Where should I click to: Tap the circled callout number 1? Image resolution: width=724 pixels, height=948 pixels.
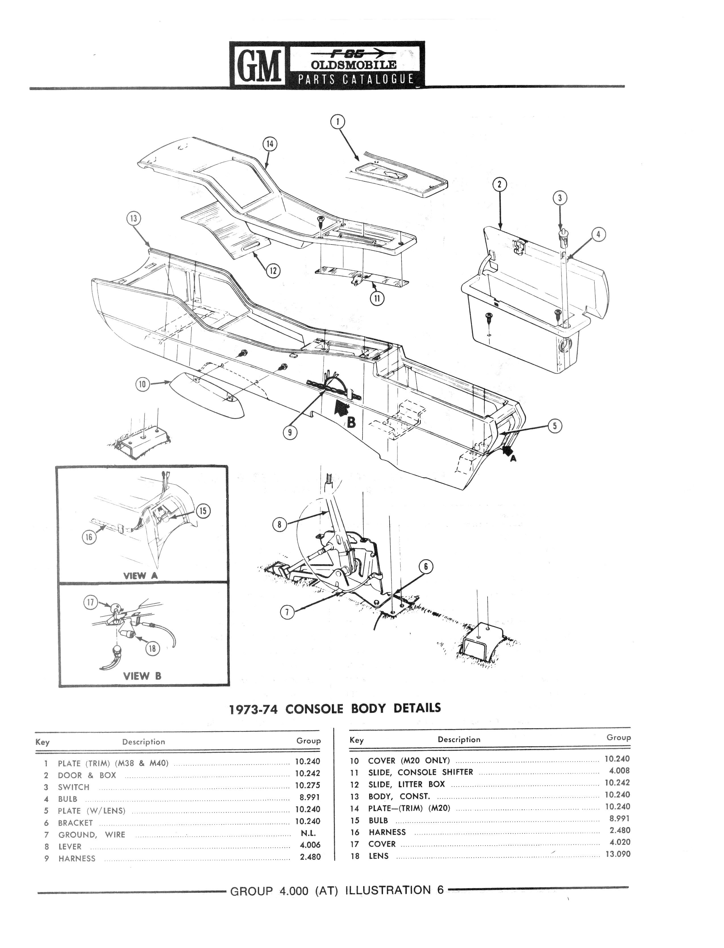click(338, 122)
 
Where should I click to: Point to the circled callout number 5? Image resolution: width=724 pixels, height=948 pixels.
click(555, 426)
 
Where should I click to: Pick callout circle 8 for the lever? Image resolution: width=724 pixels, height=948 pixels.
click(279, 525)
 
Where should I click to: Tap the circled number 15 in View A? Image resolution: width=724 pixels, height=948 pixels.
click(203, 511)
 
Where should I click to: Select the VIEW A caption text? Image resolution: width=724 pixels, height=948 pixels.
click(141, 576)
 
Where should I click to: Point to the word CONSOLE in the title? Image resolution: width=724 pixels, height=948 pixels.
click(314, 709)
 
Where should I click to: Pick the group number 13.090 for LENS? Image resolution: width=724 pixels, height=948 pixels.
click(617, 854)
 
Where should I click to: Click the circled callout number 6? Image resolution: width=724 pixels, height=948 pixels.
click(425, 567)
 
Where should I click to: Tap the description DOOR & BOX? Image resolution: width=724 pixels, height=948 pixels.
click(87, 775)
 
